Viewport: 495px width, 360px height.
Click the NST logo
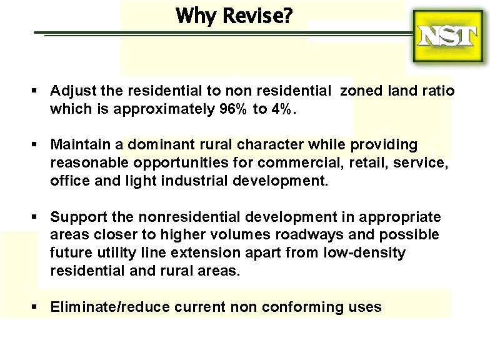[x=448, y=37]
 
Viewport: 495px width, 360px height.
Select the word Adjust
[x=70, y=91]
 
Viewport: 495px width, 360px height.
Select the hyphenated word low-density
[x=364, y=253]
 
